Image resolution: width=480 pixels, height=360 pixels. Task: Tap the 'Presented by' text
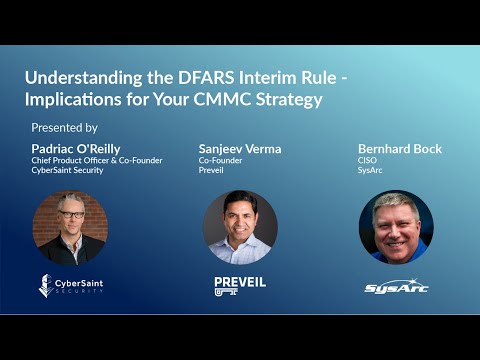click(x=64, y=128)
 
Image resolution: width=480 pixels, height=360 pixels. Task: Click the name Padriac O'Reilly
click(x=76, y=148)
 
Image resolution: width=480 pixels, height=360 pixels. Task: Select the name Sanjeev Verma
click(x=240, y=148)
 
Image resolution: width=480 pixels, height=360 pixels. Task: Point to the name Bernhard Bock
click(x=400, y=148)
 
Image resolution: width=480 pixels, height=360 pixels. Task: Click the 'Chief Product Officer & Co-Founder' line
click(x=97, y=160)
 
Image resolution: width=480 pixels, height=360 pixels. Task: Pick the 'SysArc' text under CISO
click(x=371, y=171)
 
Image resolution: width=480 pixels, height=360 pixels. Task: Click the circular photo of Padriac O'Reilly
click(x=70, y=227)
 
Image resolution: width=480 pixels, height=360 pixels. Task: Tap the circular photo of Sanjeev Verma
click(x=240, y=227)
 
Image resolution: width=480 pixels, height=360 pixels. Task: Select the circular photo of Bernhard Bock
click(x=396, y=227)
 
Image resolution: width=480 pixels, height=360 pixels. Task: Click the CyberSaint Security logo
click(x=70, y=286)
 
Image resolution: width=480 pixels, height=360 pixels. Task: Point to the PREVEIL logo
click(x=240, y=286)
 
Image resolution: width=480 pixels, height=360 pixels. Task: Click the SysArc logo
click(x=396, y=288)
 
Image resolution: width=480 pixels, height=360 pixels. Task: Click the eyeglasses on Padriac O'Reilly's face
click(x=71, y=214)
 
